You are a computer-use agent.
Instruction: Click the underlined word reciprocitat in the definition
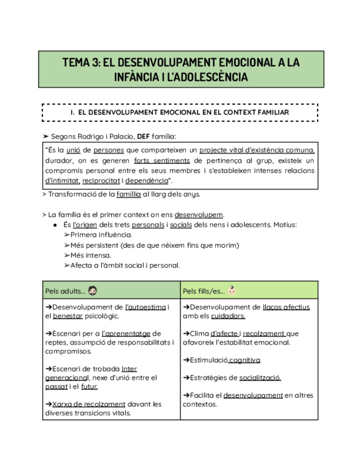coord(101,181)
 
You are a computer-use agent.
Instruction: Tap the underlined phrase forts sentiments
coord(162,160)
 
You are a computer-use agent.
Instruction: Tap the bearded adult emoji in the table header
coord(93,290)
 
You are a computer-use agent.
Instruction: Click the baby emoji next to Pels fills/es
coord(232,290)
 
